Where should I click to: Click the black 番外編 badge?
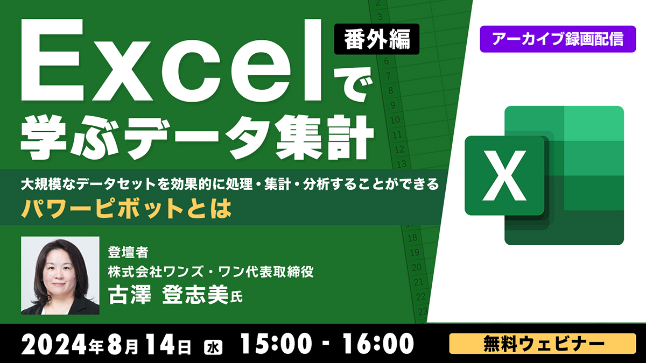(377, 39)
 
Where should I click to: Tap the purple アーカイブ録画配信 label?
(558, 39)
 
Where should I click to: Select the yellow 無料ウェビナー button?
(543, 344)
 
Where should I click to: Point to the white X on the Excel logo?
(504, 175)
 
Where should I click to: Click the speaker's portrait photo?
(60, 275)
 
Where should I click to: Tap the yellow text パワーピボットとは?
(127, 209)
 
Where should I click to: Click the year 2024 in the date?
(54, 344)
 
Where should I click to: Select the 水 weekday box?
(213, 347)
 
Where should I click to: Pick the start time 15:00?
(277, 344)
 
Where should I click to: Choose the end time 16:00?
(378, 344)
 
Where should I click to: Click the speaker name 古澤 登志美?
(168, 295)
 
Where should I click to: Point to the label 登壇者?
(128, 252)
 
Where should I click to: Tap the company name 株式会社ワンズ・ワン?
(162, 272)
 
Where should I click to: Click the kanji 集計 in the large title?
(325, 137)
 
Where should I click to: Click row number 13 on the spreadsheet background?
(402, 164)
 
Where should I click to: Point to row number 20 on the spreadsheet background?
(417, 267)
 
